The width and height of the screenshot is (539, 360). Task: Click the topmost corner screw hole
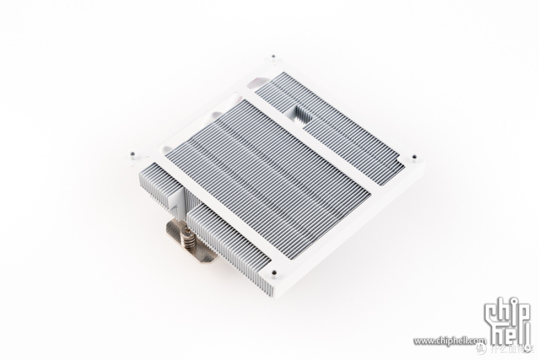coord(273,57)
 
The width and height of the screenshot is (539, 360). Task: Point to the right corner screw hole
coord(414,157)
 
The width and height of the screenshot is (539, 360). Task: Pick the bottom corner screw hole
coord(273,273)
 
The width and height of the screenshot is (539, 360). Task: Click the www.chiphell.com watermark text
coord(450,341)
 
